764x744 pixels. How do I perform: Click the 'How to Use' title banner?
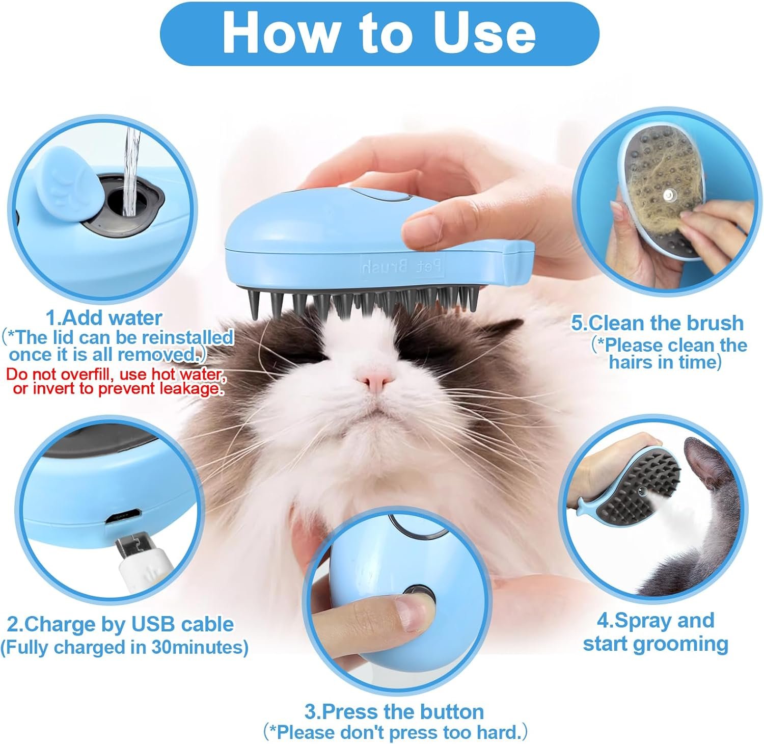coord(379,33)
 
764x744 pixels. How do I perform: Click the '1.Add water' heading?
coord(104,318)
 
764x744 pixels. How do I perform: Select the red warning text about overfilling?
coord(116,381)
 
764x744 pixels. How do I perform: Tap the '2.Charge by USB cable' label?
coord(120,624)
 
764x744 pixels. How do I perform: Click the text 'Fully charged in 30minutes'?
coord(124,647)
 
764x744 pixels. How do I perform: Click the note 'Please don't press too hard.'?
coord(395,733)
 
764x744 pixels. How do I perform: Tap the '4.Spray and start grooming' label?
coord(656,632)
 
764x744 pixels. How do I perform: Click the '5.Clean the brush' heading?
coord(657,323)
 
